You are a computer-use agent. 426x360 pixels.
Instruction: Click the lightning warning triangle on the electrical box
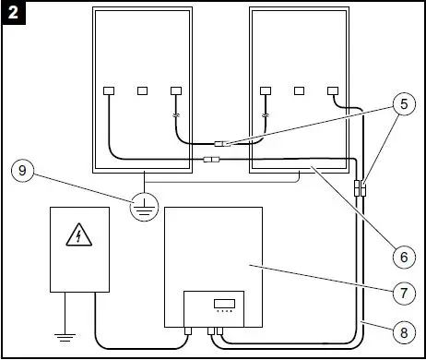click(x=79, y=237)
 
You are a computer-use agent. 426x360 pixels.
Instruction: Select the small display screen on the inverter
click(x=222, y=303)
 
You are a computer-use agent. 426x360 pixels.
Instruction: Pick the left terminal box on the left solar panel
click(x=109, y=91)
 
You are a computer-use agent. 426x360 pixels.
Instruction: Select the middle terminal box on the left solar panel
click(x=143, y=91)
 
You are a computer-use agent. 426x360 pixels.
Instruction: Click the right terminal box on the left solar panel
click(x=177, y=91)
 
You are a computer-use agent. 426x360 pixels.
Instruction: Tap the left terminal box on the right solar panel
click(x=266, y=91)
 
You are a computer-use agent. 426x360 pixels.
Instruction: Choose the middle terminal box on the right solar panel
click(x=299, y=91)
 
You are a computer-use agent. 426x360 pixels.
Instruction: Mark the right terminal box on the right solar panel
click(x=333, y=91)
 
